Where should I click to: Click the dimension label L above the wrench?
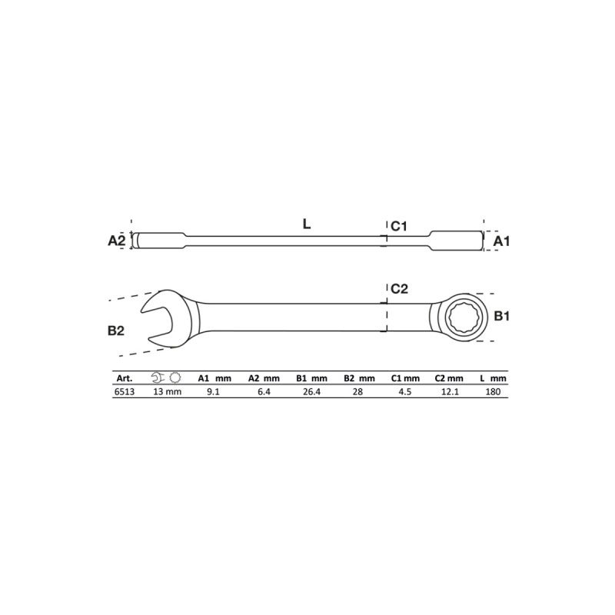306,225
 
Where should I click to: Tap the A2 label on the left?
117,241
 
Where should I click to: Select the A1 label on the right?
502,241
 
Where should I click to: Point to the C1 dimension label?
398,226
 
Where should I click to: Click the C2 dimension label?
398,289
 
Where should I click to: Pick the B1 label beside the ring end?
502,316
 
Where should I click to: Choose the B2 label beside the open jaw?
117,331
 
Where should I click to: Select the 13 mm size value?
166,391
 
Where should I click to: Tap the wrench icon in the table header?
158,378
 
